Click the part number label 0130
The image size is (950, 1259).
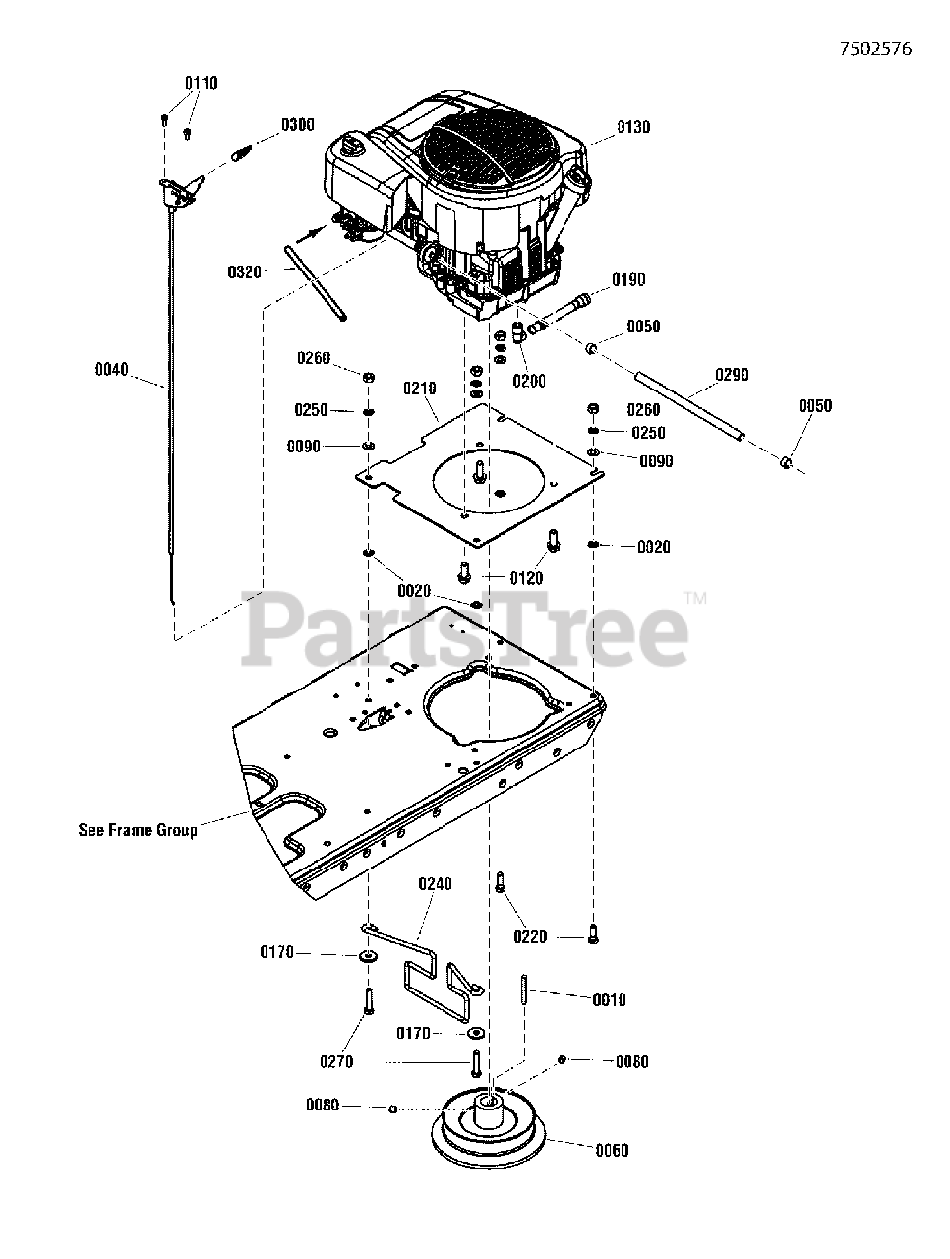tap(633, 127)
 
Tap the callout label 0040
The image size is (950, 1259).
tap(111, 370)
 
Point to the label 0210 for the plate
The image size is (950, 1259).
tap(420, 389)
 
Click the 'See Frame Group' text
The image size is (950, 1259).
tap(138, 830)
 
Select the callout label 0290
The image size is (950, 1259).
tap(731, 374)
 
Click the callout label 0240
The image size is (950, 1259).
tap(435, 884)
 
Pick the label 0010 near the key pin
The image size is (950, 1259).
tap(609, 999)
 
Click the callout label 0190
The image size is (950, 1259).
tap(629, 280)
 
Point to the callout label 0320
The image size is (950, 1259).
tap(244, 271)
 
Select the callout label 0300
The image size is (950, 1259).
tap(297, 125)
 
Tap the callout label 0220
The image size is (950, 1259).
tap(530, 937)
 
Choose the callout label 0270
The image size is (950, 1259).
tap(335, 1061)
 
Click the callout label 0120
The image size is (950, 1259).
tap(526, 578)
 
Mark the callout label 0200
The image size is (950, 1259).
tap(528, 381)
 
